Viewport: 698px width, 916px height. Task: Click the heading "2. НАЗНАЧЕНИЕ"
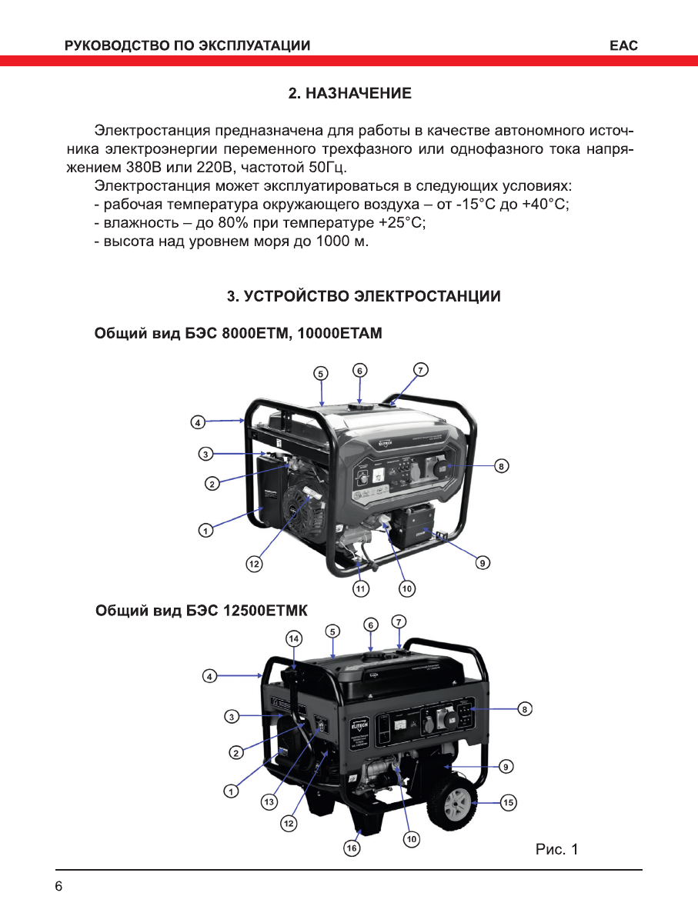pos(349,94)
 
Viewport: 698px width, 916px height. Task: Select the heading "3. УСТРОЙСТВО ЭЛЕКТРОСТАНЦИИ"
pos(363,296)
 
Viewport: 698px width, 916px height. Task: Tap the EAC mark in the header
pos(623,46)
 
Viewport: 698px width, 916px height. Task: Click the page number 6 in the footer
pos(59,886)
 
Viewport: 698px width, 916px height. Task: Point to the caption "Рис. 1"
pos(556,850)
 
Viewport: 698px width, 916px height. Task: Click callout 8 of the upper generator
pos(501,465)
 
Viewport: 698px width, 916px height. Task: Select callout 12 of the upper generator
pos(253,564)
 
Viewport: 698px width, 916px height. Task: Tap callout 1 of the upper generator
pos(204,530)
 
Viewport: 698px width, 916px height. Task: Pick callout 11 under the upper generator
pos(360,588)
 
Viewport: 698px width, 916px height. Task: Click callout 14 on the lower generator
pos(293,638)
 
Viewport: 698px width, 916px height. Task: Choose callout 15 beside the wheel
pos(508,802)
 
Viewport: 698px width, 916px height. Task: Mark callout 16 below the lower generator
pos(351,848)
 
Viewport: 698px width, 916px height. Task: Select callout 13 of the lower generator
pos(269,802)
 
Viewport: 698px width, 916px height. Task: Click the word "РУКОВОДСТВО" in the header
pos(115,46)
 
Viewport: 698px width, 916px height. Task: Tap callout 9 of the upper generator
pos(483,563)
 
